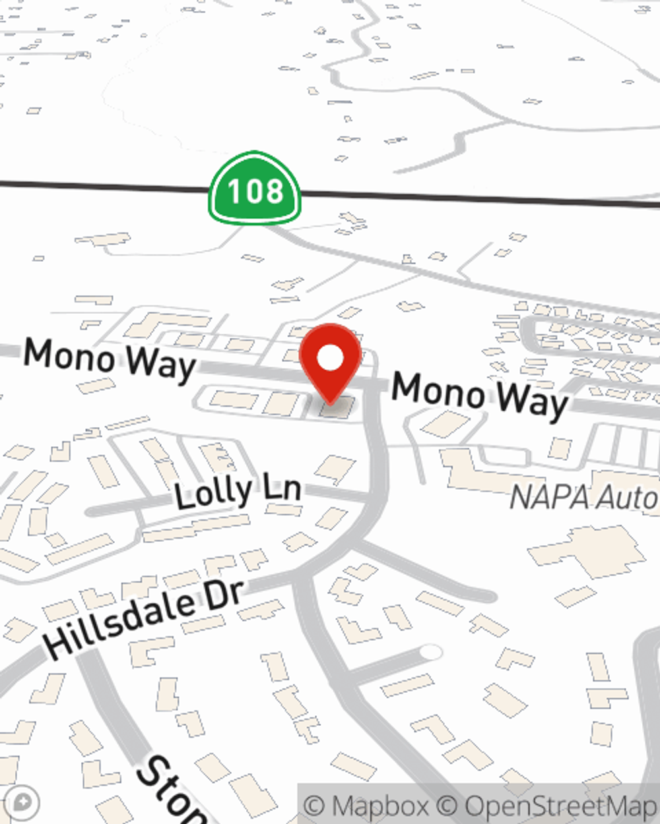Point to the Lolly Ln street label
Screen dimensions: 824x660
pos(238,491)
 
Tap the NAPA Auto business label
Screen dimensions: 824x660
pos(584,496)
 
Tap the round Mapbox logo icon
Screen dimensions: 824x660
pos(22,804)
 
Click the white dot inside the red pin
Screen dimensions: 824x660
pos(331,359)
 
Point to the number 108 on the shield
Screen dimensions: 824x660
pos(255,191)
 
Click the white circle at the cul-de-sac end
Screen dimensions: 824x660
pos(430,652)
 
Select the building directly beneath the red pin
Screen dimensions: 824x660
pos(337,409)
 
